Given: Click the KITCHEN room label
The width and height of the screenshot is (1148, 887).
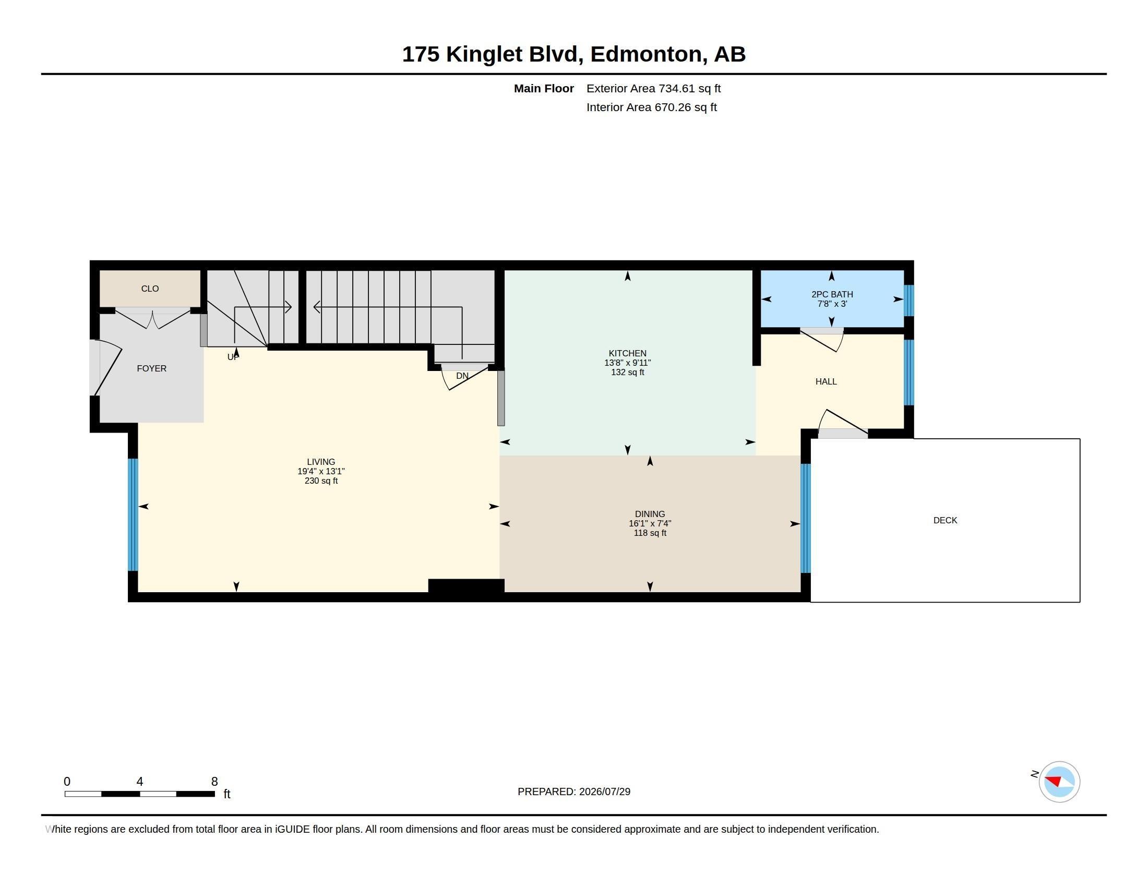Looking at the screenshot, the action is click(x=627, y=353).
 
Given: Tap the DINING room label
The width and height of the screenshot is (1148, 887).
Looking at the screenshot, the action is click(x=650, y=514).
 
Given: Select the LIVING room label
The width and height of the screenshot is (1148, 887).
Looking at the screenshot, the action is click(x=320, y=462).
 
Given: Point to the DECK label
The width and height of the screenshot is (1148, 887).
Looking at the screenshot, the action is click(x=945, y=520).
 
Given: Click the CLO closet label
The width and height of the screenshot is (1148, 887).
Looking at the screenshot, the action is click(x=150, y=289).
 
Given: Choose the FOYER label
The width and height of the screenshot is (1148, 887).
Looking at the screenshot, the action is click(x=151, y=368).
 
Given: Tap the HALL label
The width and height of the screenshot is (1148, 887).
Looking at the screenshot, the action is click(x=826, y=381).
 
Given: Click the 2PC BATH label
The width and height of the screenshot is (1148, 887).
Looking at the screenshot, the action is click(x=832, y=294).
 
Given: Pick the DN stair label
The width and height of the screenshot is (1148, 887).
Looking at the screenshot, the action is click(x=462, y=376).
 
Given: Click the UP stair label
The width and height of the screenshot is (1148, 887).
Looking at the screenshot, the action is click(x=232, y=357).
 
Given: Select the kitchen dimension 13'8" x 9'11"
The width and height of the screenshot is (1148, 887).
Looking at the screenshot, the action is click(x=627, y=363).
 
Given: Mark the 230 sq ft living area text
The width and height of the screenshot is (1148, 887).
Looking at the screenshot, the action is click(x=320, y=481).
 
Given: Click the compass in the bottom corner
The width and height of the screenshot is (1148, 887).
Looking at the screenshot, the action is click(x=1059, y=782).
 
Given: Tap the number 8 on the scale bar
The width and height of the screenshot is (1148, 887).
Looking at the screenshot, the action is click(x=214, y=782).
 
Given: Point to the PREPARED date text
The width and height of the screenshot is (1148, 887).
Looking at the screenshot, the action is click(x=574, y=792).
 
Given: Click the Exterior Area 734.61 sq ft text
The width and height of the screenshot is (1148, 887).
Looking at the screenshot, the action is click(x=653, y=88).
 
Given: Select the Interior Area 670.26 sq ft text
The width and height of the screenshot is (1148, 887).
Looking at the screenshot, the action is click(x=651, y=107).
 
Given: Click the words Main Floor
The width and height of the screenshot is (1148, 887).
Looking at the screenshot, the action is click(x=544, y=88).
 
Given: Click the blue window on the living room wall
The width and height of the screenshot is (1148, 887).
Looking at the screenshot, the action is click(x=133, y=514).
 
